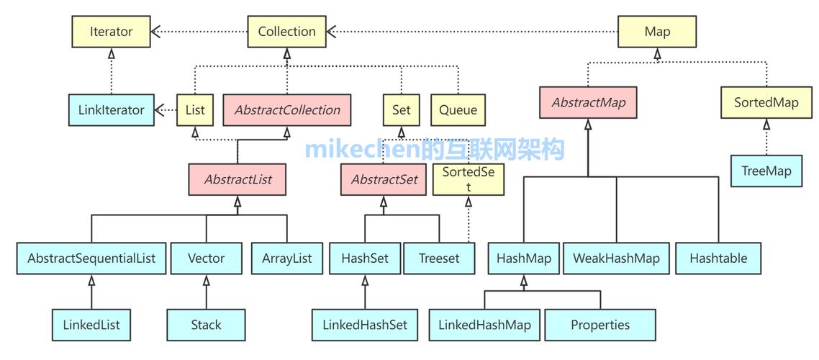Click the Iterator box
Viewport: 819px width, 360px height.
112,32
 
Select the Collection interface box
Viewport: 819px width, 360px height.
286,32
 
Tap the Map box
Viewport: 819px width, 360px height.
657,32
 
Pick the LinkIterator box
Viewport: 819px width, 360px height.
112,110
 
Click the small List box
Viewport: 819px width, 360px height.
195,110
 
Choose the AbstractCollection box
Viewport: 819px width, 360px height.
287,110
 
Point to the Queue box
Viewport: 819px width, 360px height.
458,110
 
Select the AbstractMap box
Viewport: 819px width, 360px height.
588,102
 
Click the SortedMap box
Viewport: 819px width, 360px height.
766,102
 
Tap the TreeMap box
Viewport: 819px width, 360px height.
766,171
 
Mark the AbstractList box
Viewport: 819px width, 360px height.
237,179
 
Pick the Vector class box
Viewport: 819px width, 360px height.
207,258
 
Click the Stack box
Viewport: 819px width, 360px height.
206,325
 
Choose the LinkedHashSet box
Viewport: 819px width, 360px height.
364,325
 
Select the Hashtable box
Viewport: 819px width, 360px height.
718,258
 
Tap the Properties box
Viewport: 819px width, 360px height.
600,325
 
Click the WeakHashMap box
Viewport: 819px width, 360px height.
616,258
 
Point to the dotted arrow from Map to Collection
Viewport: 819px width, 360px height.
475,32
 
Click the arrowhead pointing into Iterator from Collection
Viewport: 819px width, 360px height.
157,32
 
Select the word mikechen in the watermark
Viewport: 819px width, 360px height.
352,150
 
